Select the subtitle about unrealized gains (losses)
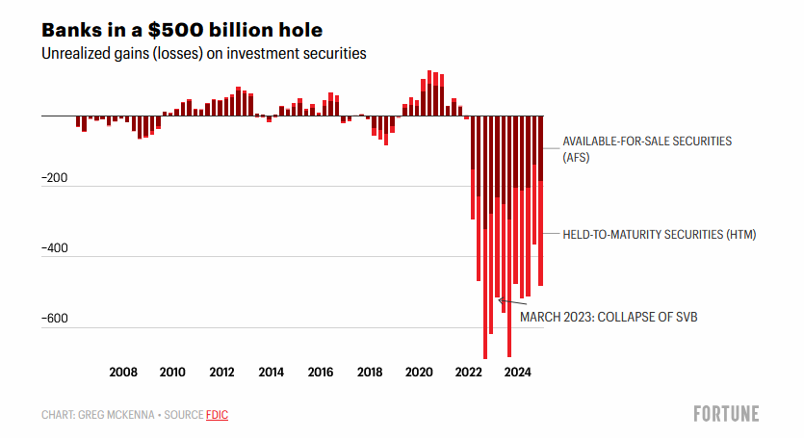pos(203,54)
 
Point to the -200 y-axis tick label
pos(55,178)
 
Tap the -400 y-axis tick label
pos(55,248)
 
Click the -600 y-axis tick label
pos(55,319)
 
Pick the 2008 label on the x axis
pos(122,373)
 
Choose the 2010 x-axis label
pos(172,373)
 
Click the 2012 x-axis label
pos(221,373)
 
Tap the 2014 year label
pos(271,373)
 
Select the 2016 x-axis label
pos(321,373)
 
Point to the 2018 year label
pos(370,373)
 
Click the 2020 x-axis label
pos(419,373)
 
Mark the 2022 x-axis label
pos(469,373)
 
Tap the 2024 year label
pos(518,373)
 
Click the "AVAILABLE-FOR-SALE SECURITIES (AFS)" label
pos(647,148)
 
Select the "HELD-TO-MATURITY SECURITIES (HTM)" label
pos(659,234)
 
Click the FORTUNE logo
pos(726,414)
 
